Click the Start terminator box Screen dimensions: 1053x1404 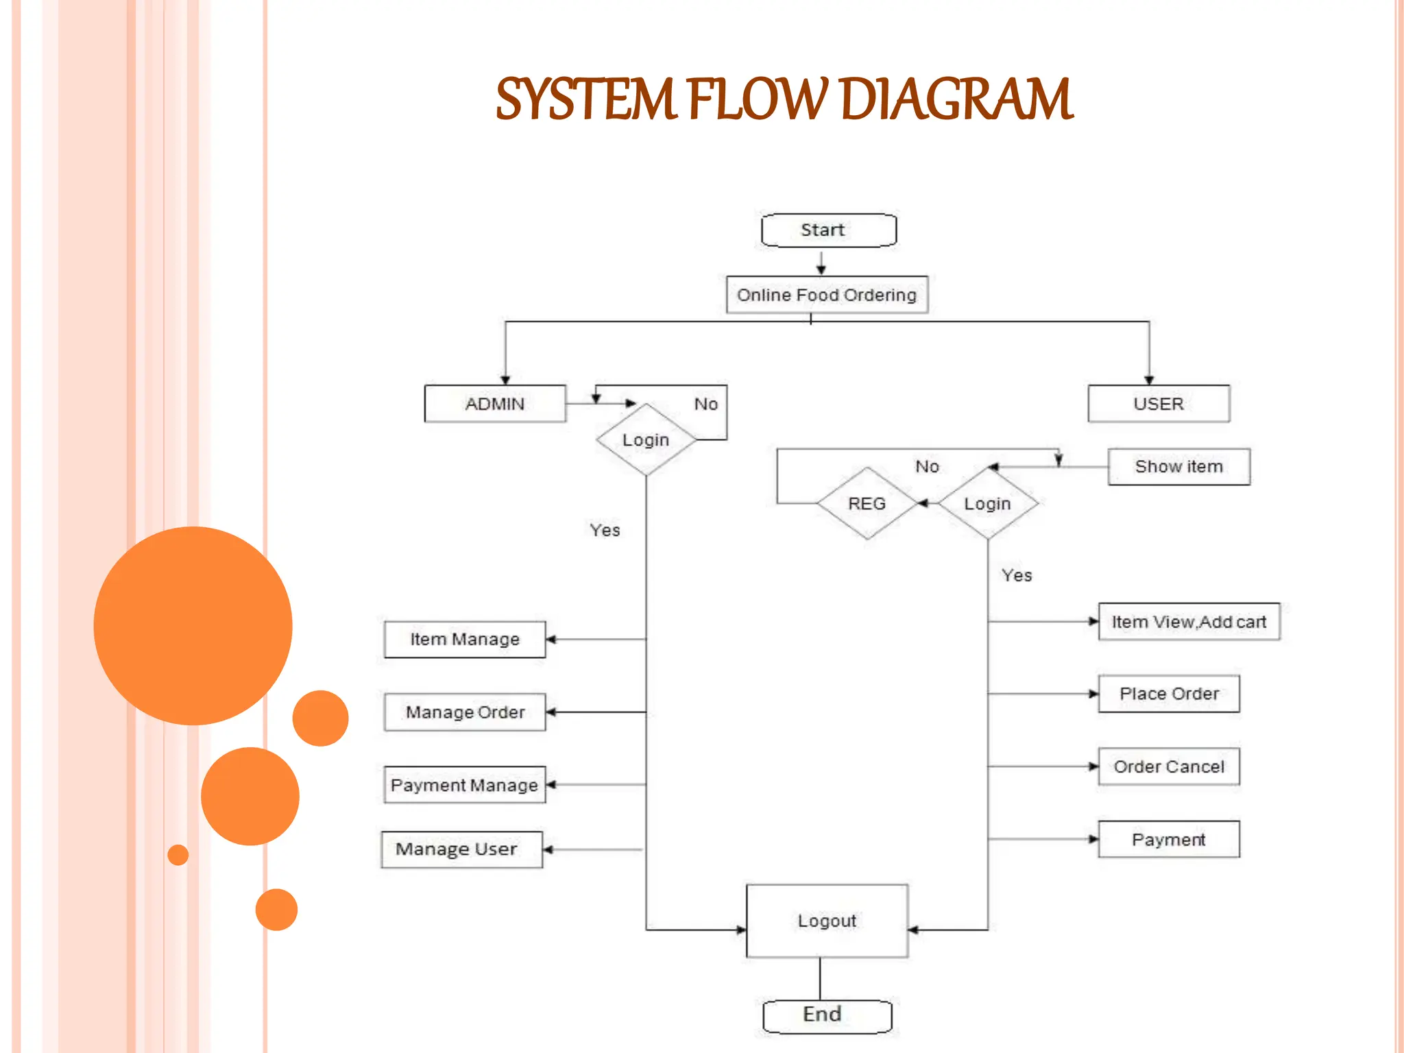point(828,230)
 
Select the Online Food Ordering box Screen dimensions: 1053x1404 point(827,295)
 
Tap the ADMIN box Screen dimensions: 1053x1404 point(495,404)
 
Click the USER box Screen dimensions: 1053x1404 point(1159,404)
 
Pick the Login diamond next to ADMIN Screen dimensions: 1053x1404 point(646,440)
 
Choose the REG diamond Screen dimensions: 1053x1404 point(867,504)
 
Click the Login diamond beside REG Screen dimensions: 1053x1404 point(988,504)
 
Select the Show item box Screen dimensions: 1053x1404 point(1178,467)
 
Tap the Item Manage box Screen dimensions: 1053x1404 point(465,640)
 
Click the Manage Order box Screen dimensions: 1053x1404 point(465,712)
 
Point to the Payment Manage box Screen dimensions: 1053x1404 point(465,785)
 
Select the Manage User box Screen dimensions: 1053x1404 point(461,849)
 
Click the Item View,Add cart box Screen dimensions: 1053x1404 point(1189,622)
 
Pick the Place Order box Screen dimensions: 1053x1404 point(1169,694)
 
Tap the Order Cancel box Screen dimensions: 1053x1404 point(1169,766)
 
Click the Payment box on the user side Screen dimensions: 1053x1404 point(1169,839)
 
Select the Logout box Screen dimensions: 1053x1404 point(827,921)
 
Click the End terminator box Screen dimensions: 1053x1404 point(827,1015)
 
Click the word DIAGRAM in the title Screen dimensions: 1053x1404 point(956,100)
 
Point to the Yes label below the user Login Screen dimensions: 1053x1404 point(1017,576)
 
